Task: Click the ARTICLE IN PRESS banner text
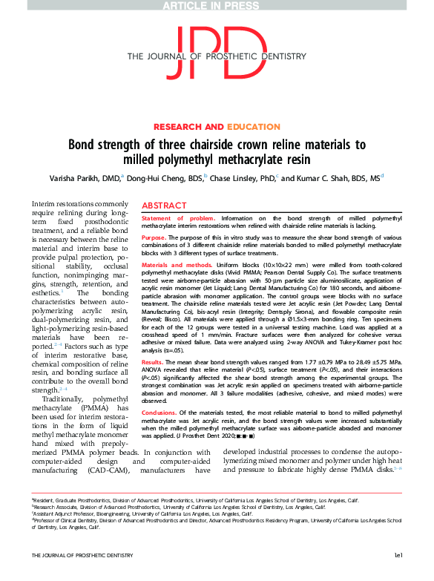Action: (217, 6)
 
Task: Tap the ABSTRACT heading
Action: (164, 206)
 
